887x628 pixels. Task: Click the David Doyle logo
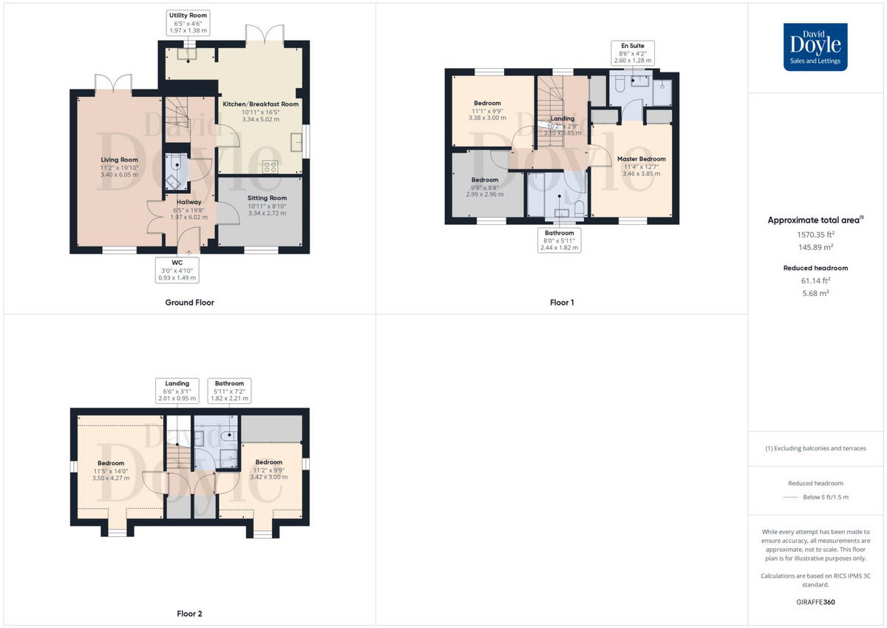pos(815,47)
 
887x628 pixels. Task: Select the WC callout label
pos(177,270)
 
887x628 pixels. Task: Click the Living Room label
pos(120,167)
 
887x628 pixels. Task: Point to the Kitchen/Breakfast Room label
pos(261,111)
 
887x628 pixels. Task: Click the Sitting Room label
pos(267,206)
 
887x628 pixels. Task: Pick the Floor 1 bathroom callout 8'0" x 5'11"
pos(559,240)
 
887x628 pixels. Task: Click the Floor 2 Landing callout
pos(177,391)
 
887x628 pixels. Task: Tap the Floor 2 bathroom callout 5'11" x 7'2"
pos(229,391)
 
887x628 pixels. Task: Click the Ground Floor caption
pos(189,303)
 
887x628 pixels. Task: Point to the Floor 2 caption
pos(189,614)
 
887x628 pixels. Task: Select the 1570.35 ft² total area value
pos(815,234)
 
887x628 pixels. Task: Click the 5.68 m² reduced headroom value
pos(815,293)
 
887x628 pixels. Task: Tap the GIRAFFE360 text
pos(815,602)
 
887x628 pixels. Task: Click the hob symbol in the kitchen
pos(271,166)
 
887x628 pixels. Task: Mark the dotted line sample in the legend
pos(791,497)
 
